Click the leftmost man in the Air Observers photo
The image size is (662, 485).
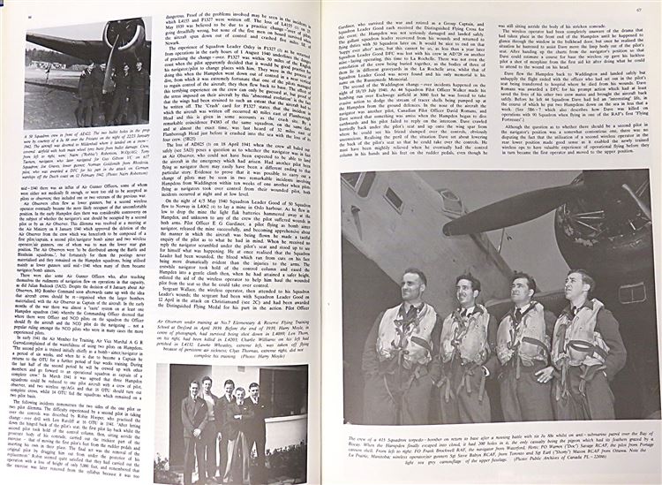(x=194, y=424)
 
